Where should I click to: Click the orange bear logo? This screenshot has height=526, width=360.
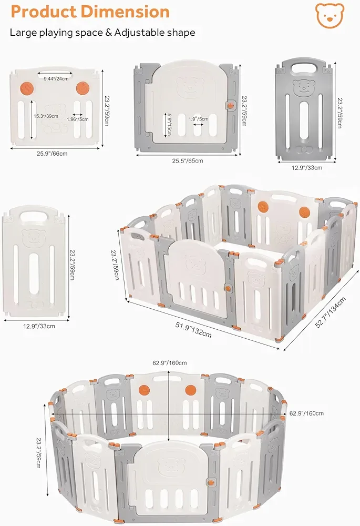(330, 16)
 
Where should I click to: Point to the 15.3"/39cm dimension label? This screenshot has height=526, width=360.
(46, 116)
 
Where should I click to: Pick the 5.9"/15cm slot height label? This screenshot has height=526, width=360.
(168, 122)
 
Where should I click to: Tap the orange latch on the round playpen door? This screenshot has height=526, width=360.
(212, 481)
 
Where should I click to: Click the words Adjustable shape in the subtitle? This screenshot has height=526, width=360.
(157, 32)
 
